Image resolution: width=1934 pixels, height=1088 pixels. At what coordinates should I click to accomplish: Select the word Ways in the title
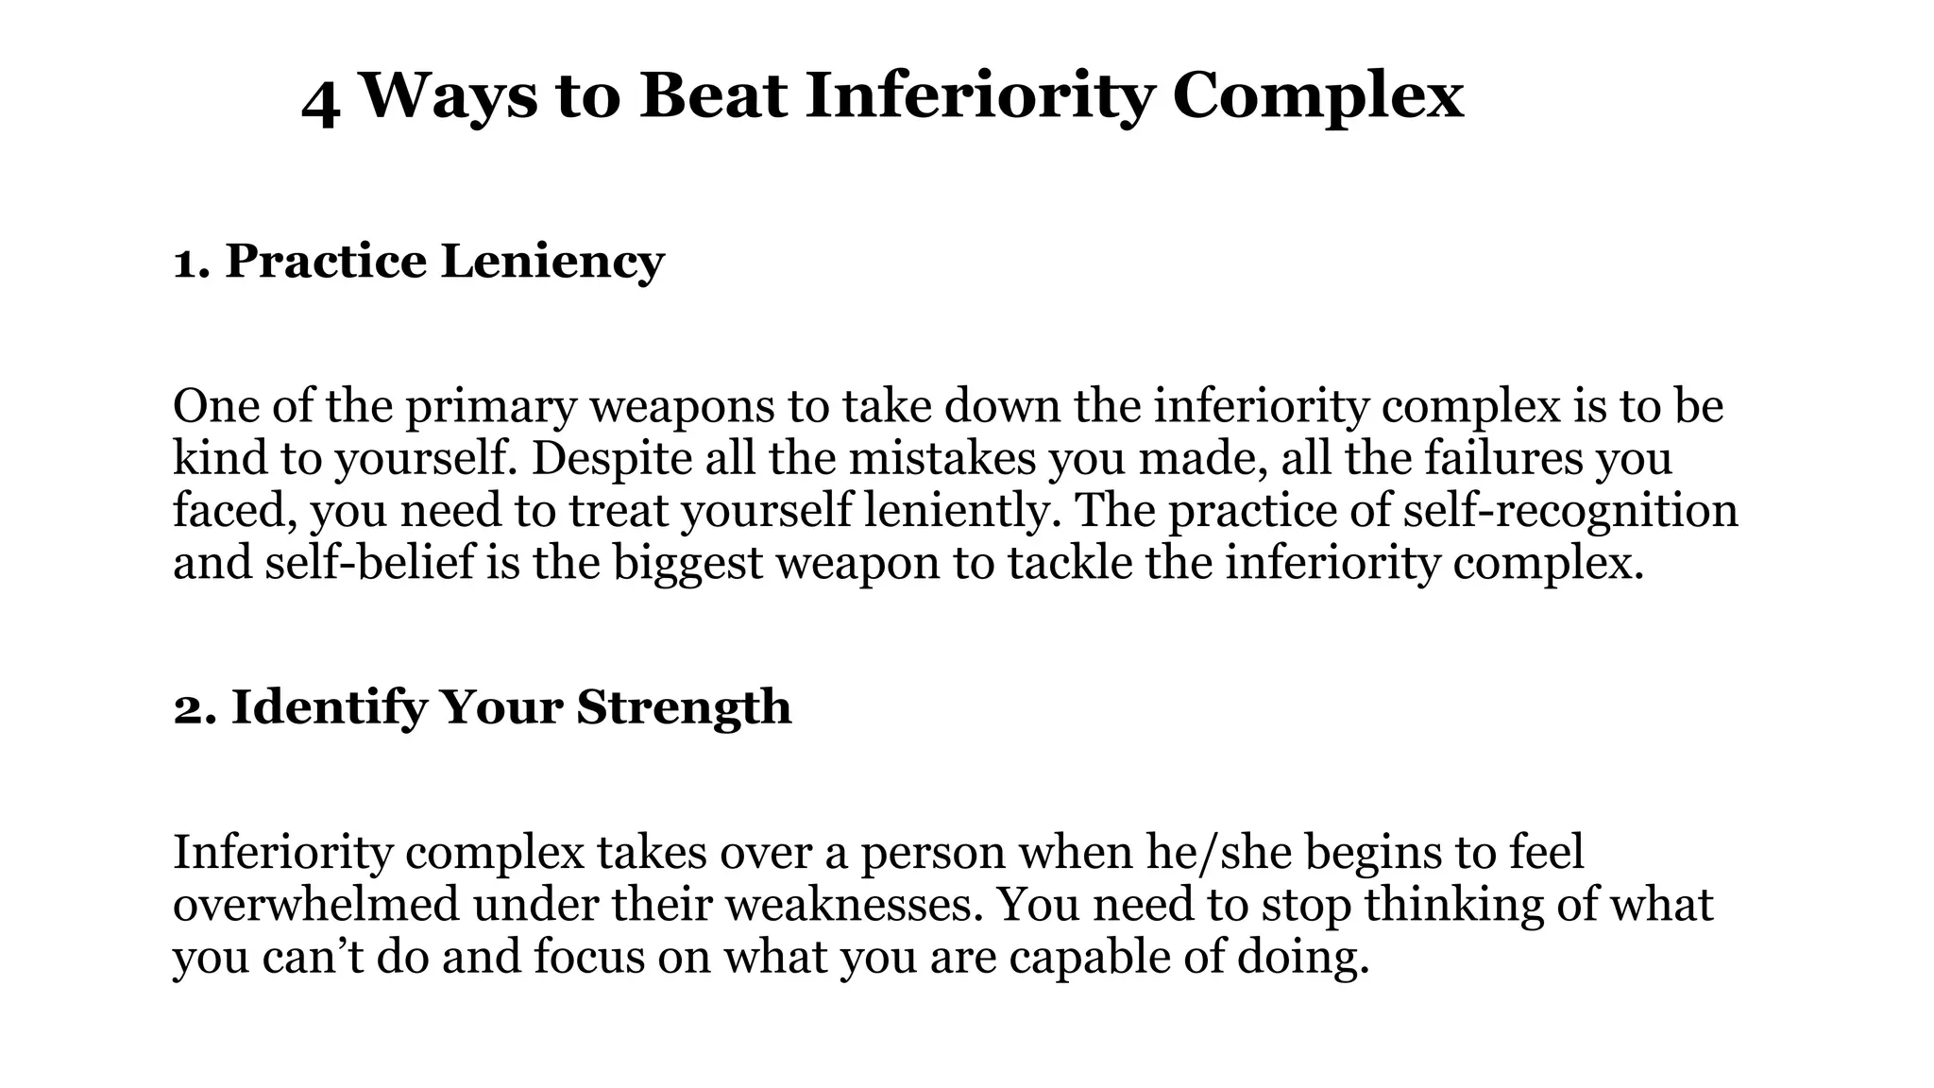[448, 98]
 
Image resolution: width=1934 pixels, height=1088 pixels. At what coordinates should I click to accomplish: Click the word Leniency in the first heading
[552, 261]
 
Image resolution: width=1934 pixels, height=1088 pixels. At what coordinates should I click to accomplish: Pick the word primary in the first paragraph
[490, 407]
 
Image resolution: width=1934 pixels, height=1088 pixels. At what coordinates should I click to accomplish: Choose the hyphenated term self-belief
[370, 563]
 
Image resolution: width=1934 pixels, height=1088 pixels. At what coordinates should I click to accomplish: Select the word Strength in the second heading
[684, 707]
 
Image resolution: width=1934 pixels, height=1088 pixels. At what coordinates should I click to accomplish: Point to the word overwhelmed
[315, 905]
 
